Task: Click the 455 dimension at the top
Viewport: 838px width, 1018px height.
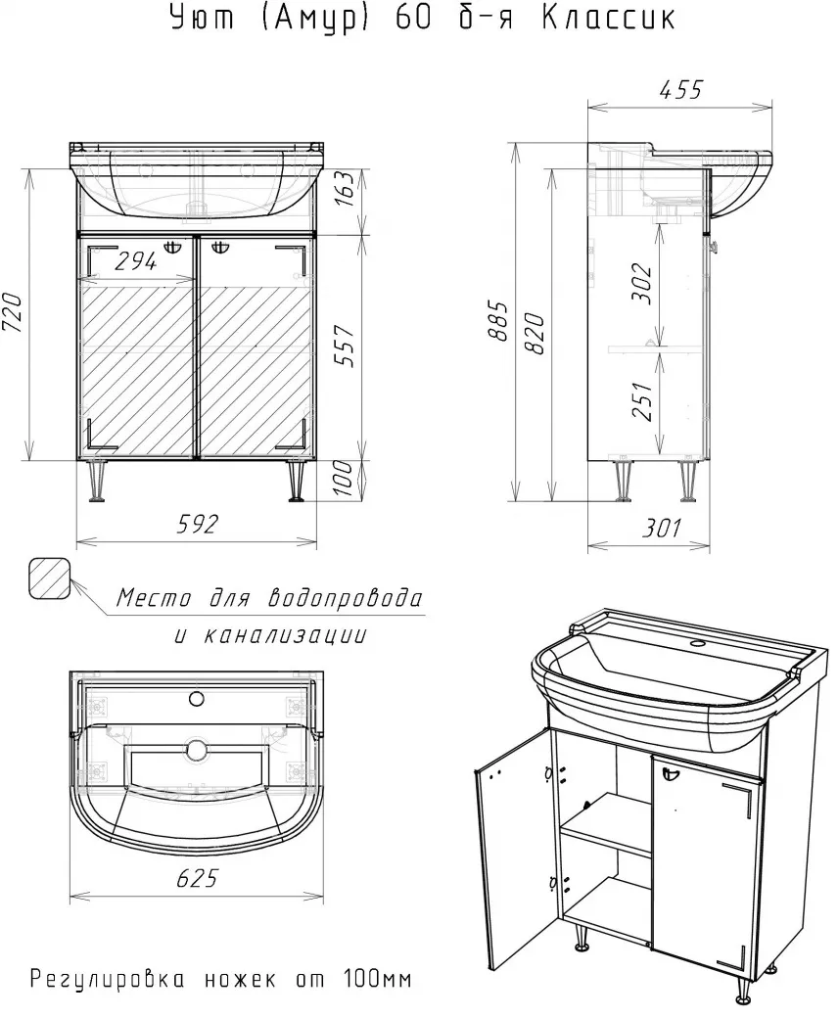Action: pyautogui.click(x=680, y=89)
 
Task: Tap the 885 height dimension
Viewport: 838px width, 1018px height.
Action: pyautogui.click(x=498, y=321)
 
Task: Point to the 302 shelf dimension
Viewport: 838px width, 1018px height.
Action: pyautogui.click(x=641, y=283)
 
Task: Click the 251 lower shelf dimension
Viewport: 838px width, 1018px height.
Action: pyautogui.click(x=641, y=401)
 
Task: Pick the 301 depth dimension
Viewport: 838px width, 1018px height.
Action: pyautogui.click(x=661, y=528)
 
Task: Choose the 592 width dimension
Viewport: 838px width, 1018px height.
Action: pyautogui.click(x=198, y=524)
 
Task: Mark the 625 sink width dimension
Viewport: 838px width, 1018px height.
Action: pyautogui.click(x=197, y=878)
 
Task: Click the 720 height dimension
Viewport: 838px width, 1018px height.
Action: pyautogui.click(x=14, y=312)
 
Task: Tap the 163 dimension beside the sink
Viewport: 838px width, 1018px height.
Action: pyautogui.click(x=346, y=188)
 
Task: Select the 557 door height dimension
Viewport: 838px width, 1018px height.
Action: pyautogui.click(x=347, y=345)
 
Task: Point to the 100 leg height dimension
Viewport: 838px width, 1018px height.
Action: pyautogui.click(x=346, y=478)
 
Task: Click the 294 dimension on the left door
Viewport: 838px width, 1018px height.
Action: pyautogui.click(x=136, y=261)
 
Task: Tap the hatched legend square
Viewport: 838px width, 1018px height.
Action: pyautogui.click(x=49, y=578)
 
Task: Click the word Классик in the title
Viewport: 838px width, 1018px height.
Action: pyautogui.click(x=608, y=18)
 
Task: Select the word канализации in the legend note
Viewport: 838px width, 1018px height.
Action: pyautogui.click(x=285, y=634)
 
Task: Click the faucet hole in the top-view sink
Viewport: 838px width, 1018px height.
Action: pyautogui.click(x=196, y=699)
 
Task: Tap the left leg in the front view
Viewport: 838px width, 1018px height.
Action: pyautogui.click(x=97, y=481)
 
